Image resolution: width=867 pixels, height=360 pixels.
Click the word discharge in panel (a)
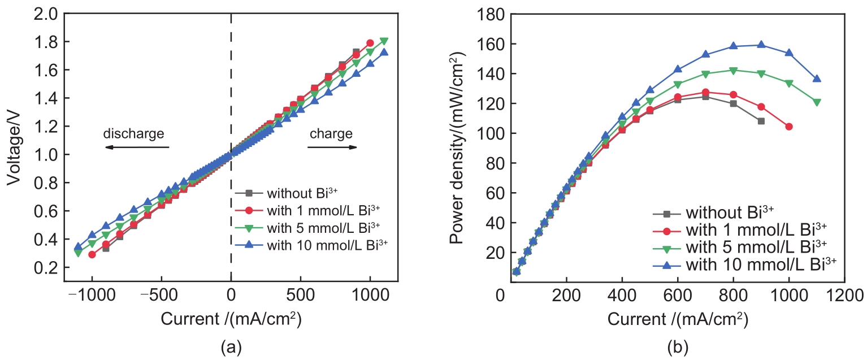click(133, 134)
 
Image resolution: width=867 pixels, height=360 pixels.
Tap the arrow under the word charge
click(332, 148)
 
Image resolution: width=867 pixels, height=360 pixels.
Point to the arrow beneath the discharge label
click(137, 148)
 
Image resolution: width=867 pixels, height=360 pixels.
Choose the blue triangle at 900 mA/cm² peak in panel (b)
click(761, 45)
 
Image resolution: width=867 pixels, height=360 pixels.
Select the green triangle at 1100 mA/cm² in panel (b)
click(817, 102)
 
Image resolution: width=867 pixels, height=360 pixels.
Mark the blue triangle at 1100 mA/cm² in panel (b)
click(817, 79)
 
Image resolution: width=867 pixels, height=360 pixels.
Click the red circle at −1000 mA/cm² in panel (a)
click(92, 254)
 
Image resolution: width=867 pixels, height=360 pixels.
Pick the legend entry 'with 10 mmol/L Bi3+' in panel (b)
click(760, 263)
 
